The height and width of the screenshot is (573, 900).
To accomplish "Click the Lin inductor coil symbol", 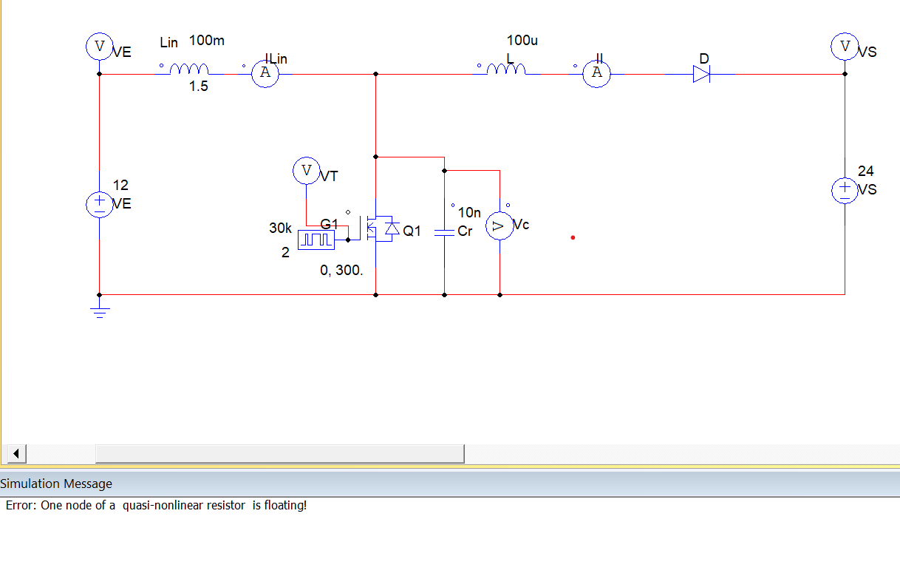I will click(189, 69).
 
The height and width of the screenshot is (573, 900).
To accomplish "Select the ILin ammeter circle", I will click(265, 74).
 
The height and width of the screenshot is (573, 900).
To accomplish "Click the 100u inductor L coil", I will click(506, 69).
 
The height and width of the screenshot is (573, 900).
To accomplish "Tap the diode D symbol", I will click(701, 74).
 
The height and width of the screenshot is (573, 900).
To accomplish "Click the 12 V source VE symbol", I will click(100, 204).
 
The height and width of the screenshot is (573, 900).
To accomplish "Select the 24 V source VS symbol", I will click(845, 190).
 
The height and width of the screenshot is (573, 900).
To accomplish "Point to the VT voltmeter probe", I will click(306, 171).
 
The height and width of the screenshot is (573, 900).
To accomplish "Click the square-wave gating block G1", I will click(316, 240).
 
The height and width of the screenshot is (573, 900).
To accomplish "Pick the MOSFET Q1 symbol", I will click(378, 230).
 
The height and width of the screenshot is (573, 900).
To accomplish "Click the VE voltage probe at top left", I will click(99, 47).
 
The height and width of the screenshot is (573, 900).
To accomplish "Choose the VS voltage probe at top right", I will click(845, 47).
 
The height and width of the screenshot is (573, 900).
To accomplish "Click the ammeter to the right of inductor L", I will click(596, 74).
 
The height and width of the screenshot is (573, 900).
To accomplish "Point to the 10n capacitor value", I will click(469, 213).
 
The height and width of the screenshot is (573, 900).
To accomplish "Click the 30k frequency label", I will click(280, 228).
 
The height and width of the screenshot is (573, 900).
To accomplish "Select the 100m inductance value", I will click(207, 40).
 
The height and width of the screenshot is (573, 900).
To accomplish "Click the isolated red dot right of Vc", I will click(573, 237).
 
